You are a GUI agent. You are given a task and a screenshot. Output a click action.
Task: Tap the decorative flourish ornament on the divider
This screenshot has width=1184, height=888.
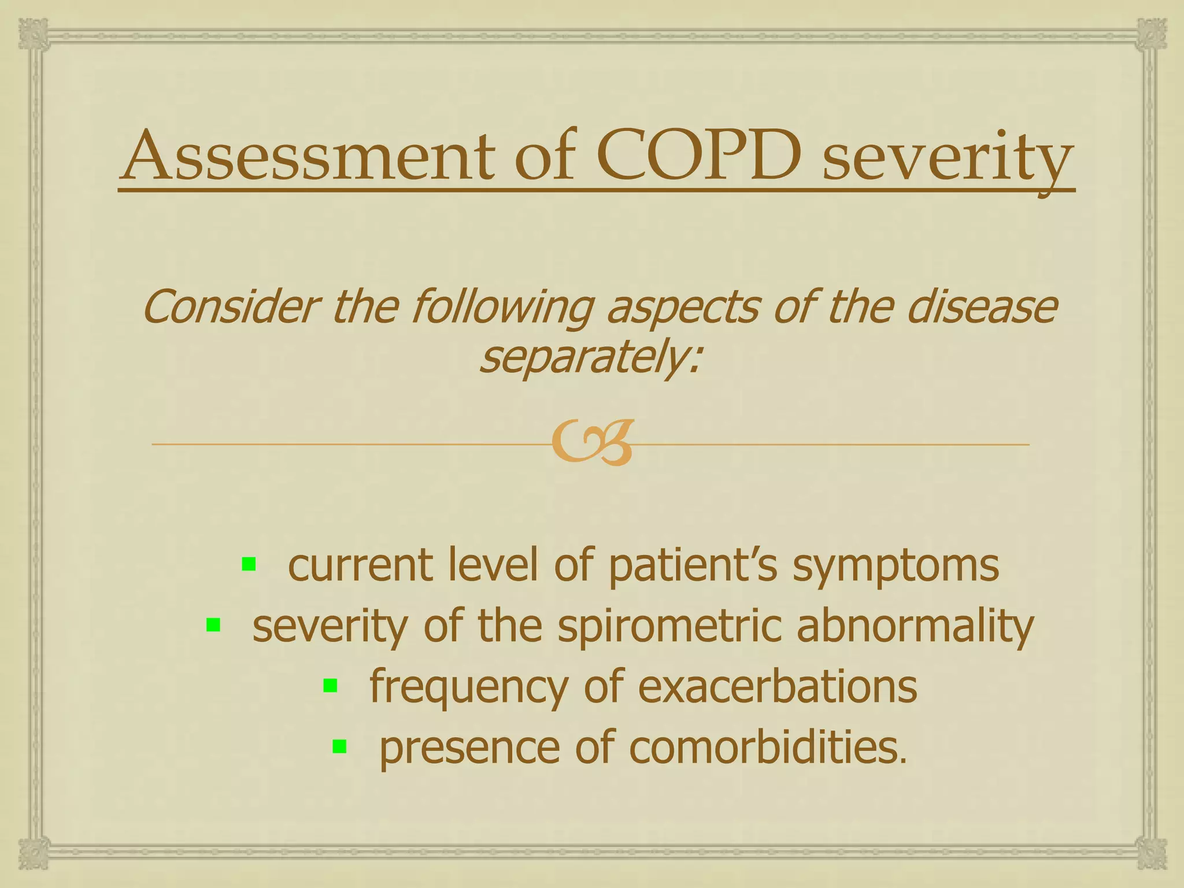592,443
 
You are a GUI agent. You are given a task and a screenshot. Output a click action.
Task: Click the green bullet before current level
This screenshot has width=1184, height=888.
249,564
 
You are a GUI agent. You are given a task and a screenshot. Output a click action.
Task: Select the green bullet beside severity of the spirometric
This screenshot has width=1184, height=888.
213,625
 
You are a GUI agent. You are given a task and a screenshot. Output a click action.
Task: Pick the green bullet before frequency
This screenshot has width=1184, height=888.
330,686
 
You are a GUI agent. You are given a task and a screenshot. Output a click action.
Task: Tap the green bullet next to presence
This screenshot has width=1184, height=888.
339,747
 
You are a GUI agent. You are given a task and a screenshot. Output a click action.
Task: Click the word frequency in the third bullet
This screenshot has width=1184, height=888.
469,688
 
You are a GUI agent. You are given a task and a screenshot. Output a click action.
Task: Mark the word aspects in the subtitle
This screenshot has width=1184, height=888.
682,308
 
